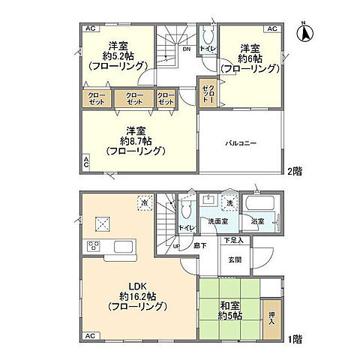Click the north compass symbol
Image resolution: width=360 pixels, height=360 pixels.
tap(307, 31)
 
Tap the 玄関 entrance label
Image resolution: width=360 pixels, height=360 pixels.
tap(234, 260)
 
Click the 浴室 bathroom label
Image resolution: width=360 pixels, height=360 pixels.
tap(258, 221)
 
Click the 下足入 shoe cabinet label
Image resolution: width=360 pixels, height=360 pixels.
tap(234, 241)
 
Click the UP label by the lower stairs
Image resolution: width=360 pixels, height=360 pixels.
tap(177, 246)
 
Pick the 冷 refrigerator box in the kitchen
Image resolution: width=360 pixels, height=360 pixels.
tap(143, 202)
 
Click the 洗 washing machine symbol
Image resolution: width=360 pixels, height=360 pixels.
tap(230, 202)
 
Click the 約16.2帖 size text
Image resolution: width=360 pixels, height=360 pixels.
tap(135, 297)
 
